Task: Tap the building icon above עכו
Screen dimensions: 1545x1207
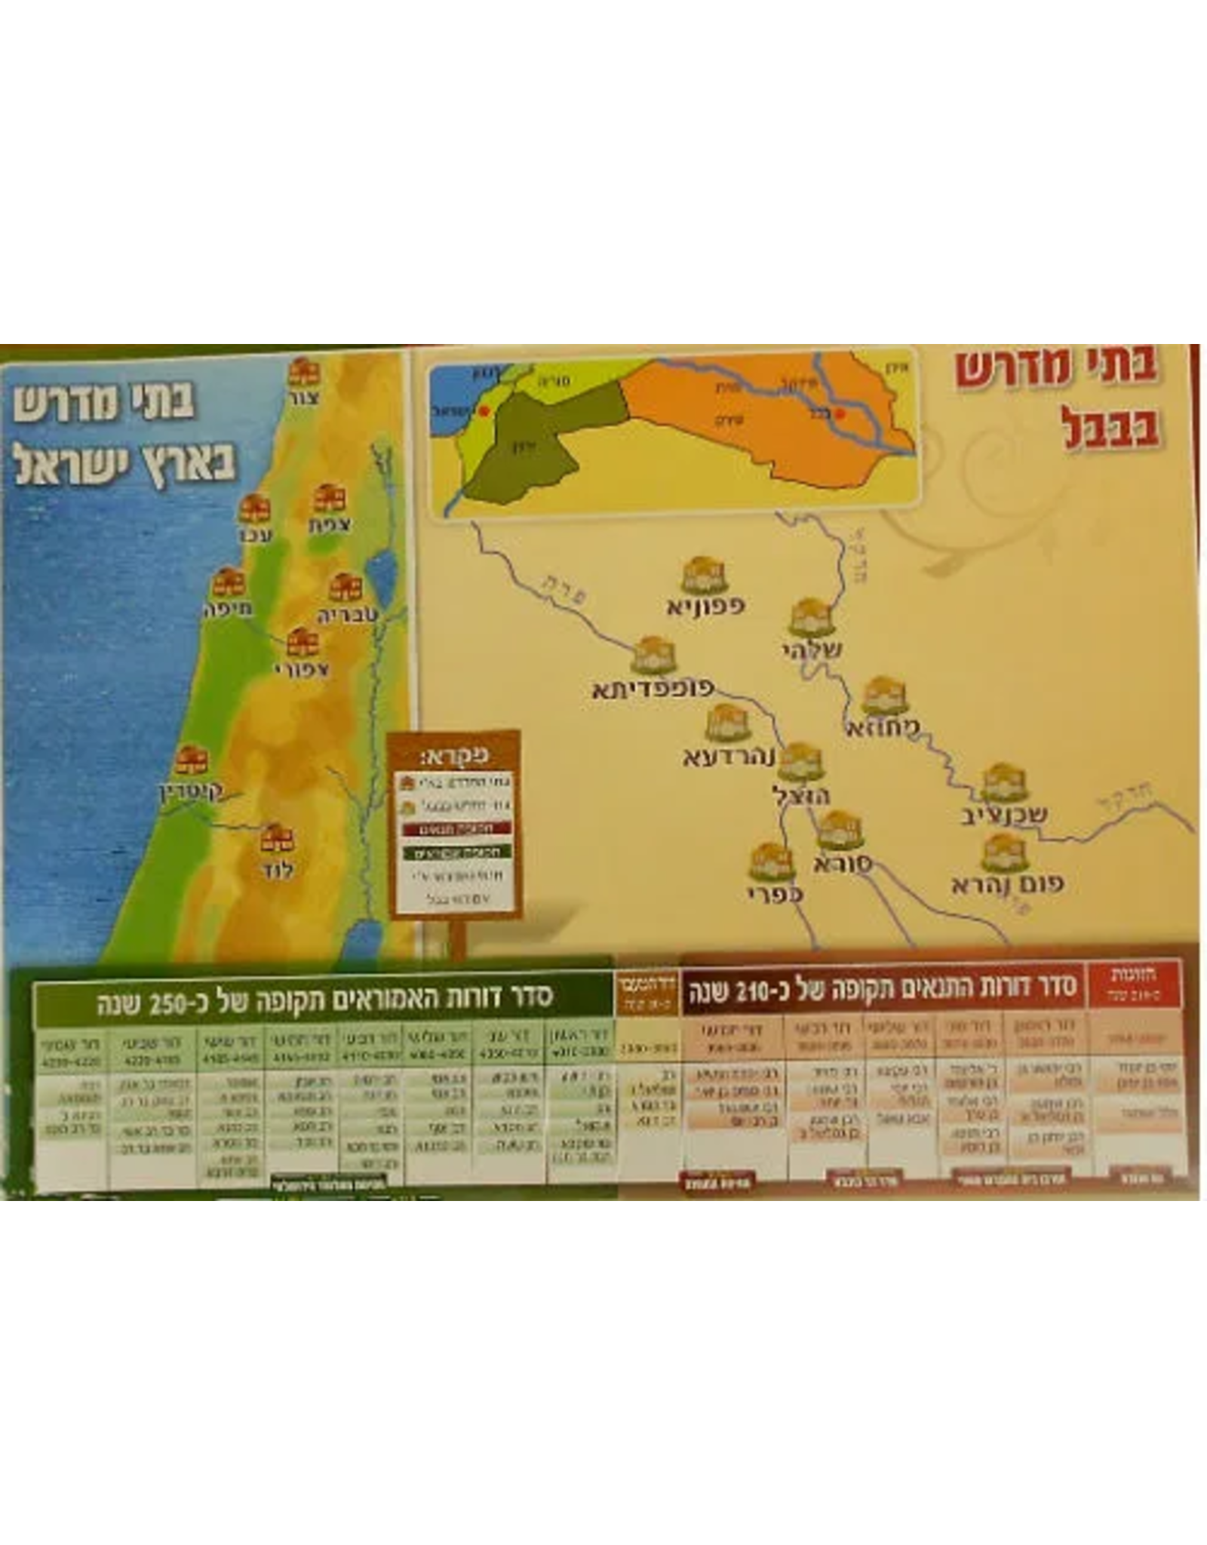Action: [x=254, y=510]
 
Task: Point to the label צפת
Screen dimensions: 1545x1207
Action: [x=330, y=525]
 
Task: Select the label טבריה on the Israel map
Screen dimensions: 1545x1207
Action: [x=347, y=615]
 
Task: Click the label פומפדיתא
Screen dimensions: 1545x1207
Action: [x=653, y=690]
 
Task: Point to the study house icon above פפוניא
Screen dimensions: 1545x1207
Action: [x=703, y=576]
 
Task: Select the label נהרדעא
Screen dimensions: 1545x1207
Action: [x=729, y=756]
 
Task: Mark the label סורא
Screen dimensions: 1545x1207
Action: [x=843, y=864]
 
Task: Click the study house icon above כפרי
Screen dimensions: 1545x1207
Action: [x=772, y=862]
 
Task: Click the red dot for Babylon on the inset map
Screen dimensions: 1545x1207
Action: [x=842, y=413]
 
